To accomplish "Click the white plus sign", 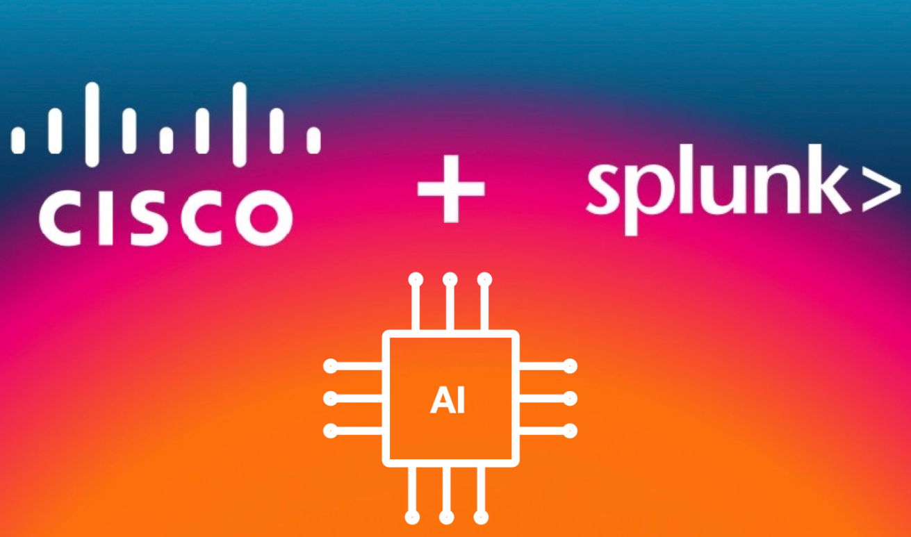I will coord(451,188).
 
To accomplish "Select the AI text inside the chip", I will coord(448,402).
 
